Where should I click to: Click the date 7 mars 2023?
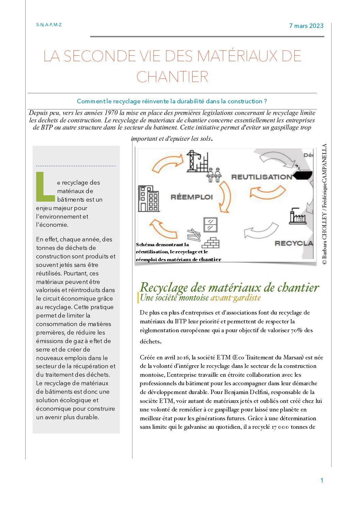point(306,26)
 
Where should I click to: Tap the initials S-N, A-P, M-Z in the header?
point(49,25)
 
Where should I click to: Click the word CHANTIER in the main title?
point(172,77)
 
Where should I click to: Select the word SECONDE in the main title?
point(100,56)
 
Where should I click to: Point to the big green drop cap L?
point(45,187)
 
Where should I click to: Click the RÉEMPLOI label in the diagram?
point(192,197)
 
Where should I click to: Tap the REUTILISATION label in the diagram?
point(261,177)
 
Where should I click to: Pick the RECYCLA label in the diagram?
point(293,243)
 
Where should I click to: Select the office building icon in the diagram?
point(148,199)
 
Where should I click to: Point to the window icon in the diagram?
point(210,224)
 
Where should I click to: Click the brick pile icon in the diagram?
point(211,243)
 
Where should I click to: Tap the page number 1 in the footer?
point(322,480)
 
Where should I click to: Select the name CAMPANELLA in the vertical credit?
point(324,163)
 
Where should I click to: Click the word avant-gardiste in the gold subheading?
point(235,298)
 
